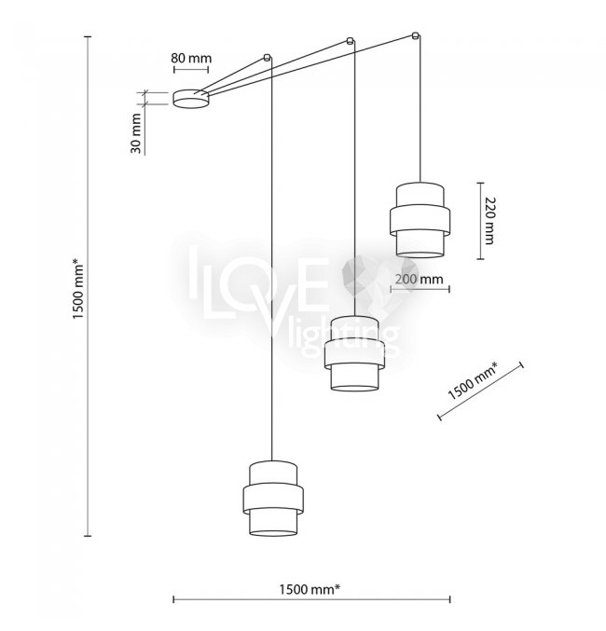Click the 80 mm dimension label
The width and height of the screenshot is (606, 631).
coord(191,59)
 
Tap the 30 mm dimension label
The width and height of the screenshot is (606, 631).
coord(136,133)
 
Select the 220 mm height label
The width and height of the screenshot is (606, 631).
coord(489,221)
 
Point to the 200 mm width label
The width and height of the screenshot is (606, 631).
coord(419,279)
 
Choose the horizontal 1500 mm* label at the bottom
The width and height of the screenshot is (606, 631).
coord(310,590)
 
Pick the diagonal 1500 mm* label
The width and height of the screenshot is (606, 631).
coord(473,380)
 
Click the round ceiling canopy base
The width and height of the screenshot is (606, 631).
coord(191,99)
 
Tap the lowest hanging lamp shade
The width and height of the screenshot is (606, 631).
coord(273,499)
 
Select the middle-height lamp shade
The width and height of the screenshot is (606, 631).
coord(354,353)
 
